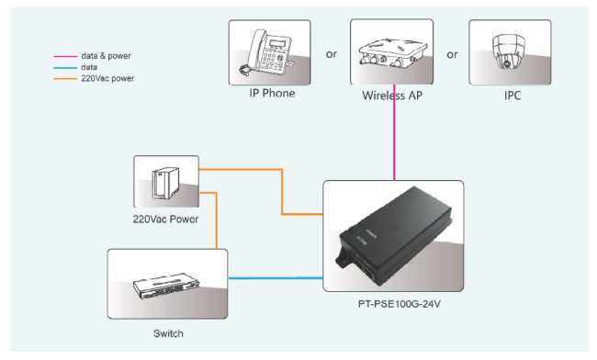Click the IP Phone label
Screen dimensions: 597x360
(272, 94)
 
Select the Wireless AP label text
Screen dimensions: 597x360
(392, 96)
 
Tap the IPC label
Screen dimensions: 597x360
(513, 96)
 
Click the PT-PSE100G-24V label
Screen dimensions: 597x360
(400, 304)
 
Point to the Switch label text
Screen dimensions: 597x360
(168, 333)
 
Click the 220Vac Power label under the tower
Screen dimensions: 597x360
(165, 219)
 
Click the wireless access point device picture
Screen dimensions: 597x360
(391, 53)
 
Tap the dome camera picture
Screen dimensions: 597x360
(509, 52)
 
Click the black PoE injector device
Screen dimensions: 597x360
(394, 236)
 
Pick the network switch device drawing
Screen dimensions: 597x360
(166, 286)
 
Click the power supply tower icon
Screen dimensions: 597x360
(165, 183)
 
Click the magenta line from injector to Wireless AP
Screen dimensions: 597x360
(394, 132)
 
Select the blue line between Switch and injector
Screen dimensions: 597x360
(276, 278)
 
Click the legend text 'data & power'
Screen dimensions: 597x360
(106, 56)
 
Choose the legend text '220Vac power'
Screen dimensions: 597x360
(107, 78)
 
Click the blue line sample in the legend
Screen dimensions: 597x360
(65, 68)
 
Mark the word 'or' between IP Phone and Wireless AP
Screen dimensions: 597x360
(332, 54)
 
